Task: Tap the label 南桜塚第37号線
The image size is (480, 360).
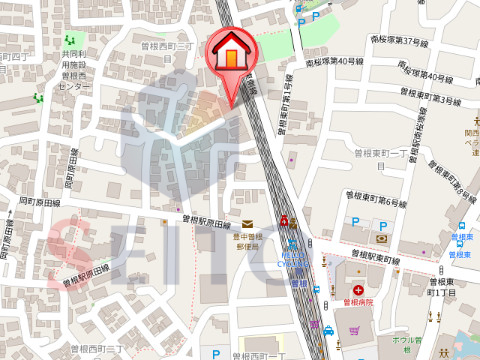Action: point(399,42)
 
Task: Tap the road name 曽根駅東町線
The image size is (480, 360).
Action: point(368,260)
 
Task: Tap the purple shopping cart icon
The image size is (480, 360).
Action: point(352,327)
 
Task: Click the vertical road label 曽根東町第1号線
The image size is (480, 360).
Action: point(283,106)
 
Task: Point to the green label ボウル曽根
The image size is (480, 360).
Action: point(406,341)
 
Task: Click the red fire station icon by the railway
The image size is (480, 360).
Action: point(285,219)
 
